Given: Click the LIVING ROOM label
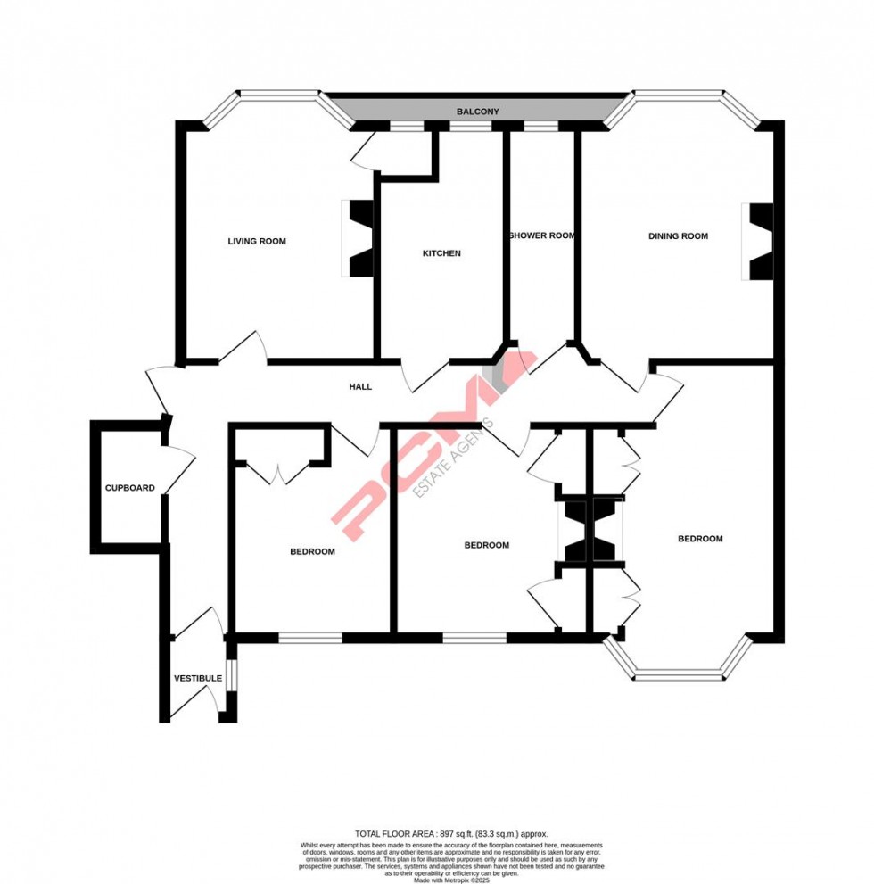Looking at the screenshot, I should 257,241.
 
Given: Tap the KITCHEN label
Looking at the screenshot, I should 441,253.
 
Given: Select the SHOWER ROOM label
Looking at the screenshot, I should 541,236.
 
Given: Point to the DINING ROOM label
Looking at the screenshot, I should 678,236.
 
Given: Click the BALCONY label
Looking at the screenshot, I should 478,112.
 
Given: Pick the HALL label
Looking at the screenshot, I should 360,387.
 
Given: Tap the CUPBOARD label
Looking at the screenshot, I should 130,488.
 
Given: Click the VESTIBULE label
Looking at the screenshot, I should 197,679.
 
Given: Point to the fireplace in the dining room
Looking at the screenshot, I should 760,242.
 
